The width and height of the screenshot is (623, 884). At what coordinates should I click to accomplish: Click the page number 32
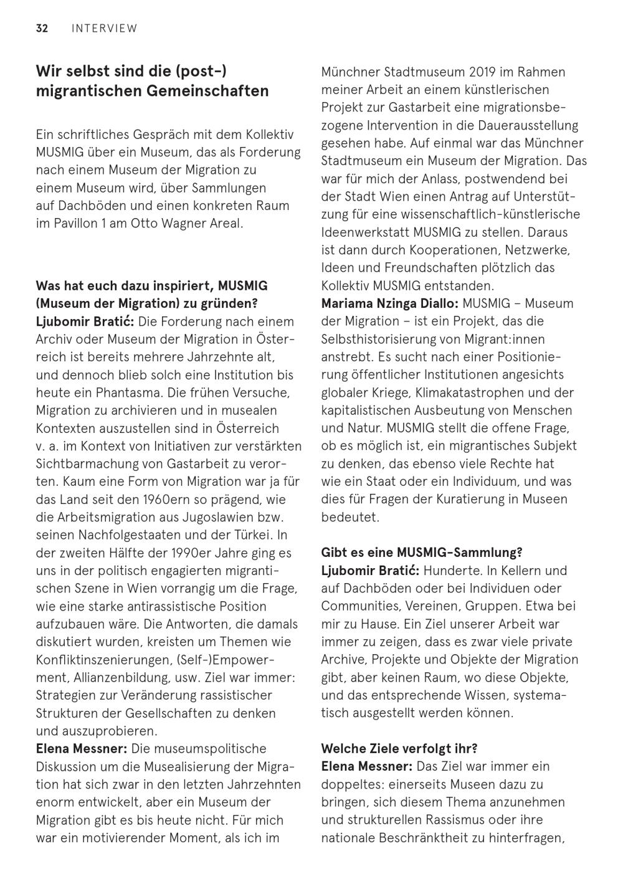[42, 28]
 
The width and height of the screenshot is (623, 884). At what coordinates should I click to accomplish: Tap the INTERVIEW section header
[105, 28]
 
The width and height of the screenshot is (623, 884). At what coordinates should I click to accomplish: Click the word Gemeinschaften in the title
[208, 91]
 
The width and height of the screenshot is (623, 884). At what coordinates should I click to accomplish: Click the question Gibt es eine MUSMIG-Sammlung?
[422, 553]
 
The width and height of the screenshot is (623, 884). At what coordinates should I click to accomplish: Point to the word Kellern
[527, 571]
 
